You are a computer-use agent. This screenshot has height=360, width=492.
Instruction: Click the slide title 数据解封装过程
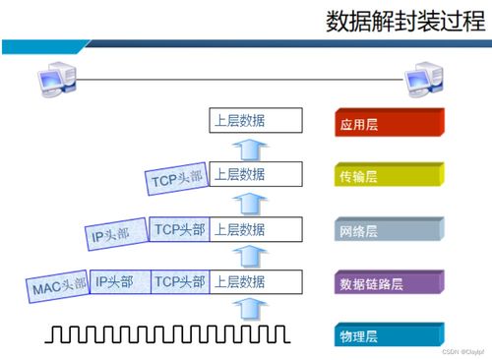pos(405,23)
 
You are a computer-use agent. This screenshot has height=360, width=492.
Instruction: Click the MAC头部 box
pos(57,286)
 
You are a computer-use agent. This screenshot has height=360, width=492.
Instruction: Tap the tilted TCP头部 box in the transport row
pos(176,179)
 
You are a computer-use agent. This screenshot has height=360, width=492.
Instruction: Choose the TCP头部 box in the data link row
pos(180,283)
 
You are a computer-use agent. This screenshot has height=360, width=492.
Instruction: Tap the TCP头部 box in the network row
pos(180,230)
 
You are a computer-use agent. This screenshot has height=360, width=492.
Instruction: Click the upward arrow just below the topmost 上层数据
pos(252,150)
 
